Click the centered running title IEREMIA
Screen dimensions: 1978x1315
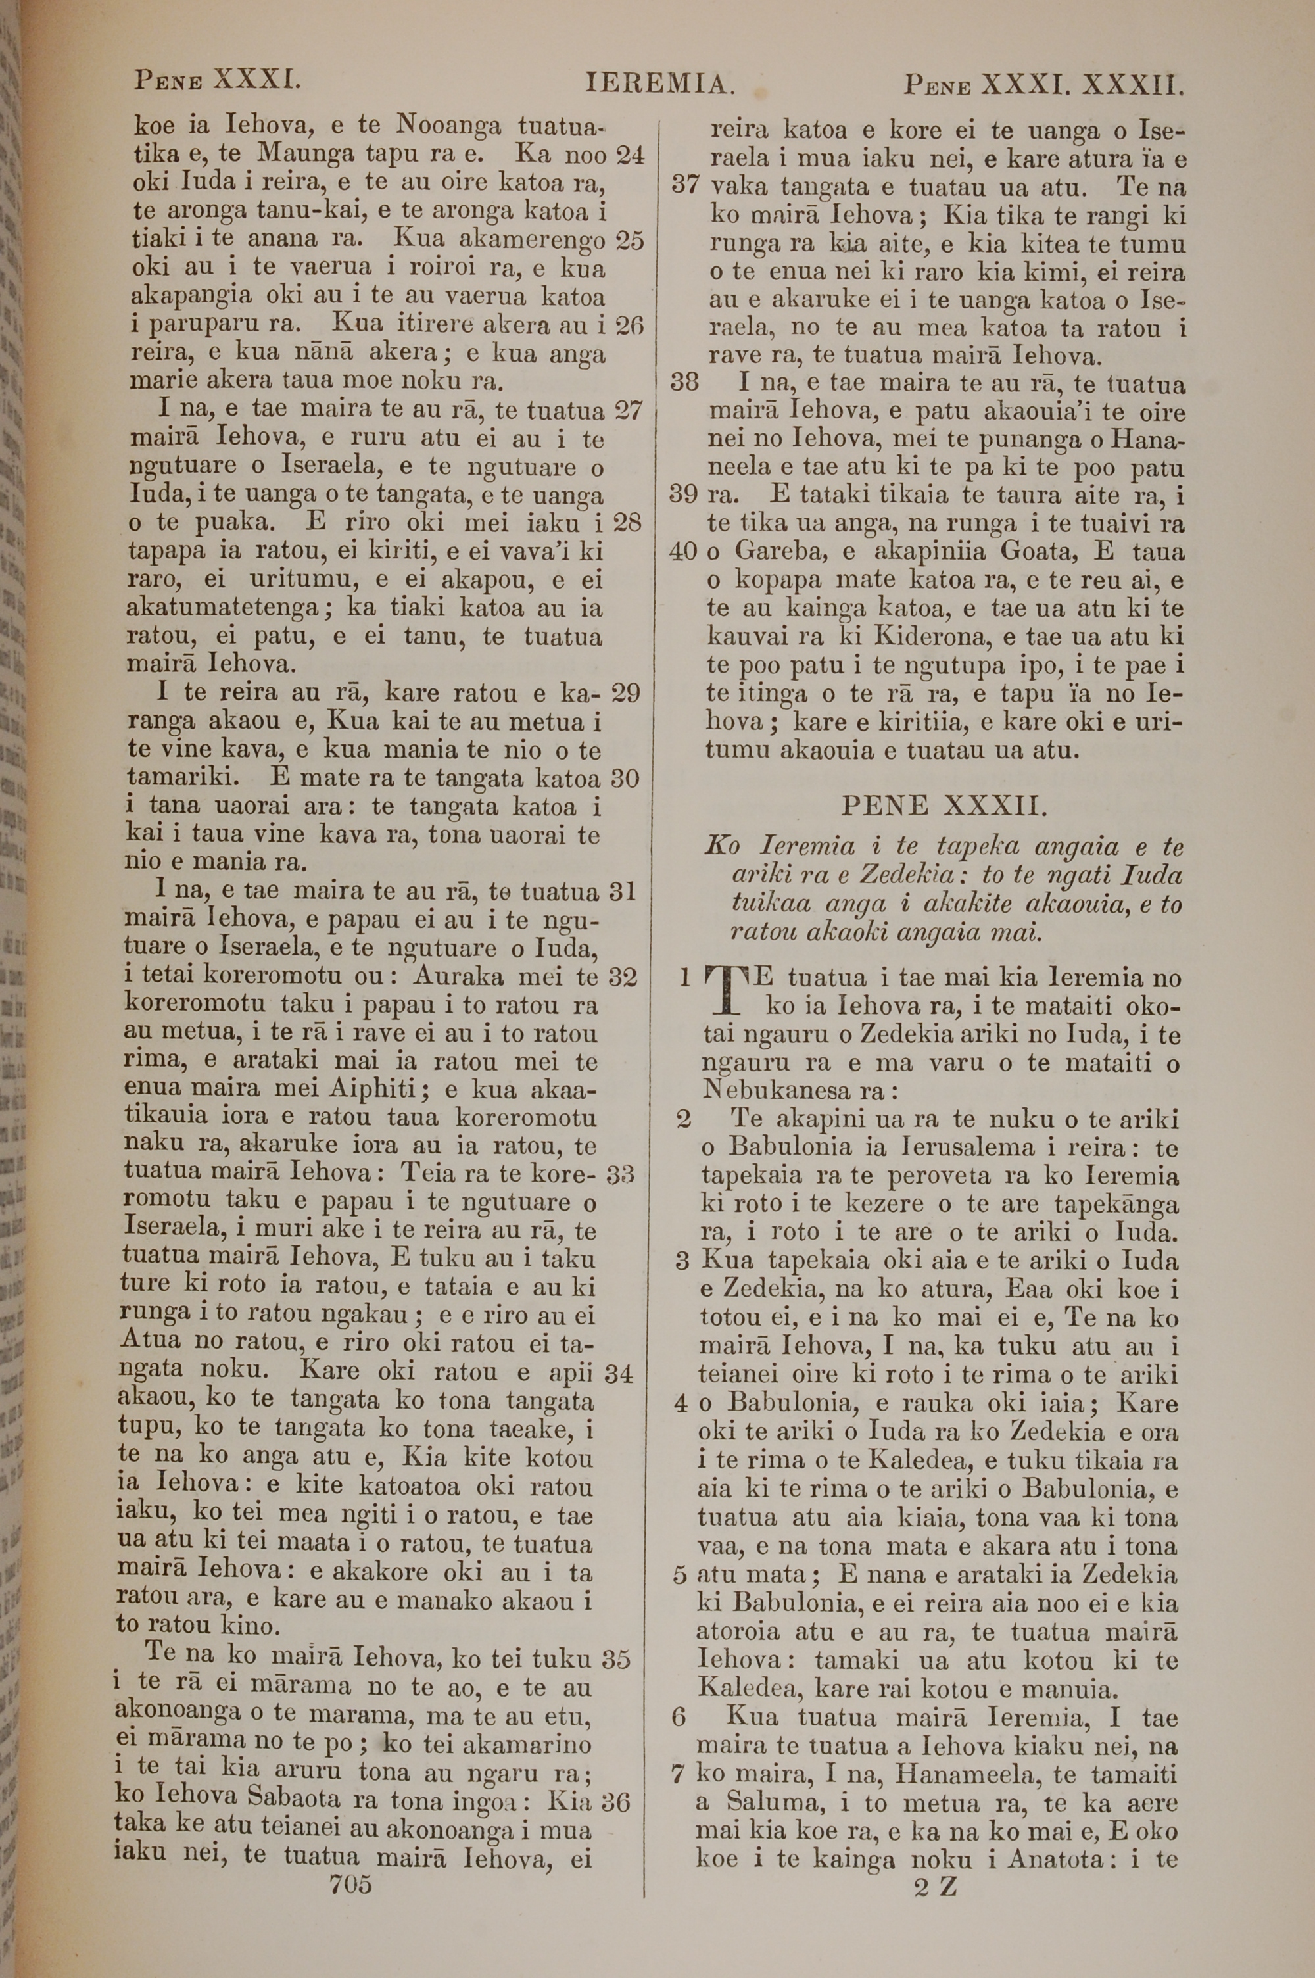tap(660, 84)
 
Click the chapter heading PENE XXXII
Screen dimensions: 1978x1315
tap(944, 807)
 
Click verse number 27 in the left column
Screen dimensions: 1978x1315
tap(628, 411)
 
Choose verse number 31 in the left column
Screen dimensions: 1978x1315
tap(623, 891)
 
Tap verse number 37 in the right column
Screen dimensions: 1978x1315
tap(688, 186)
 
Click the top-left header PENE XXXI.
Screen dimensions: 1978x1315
tap(217, 82)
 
